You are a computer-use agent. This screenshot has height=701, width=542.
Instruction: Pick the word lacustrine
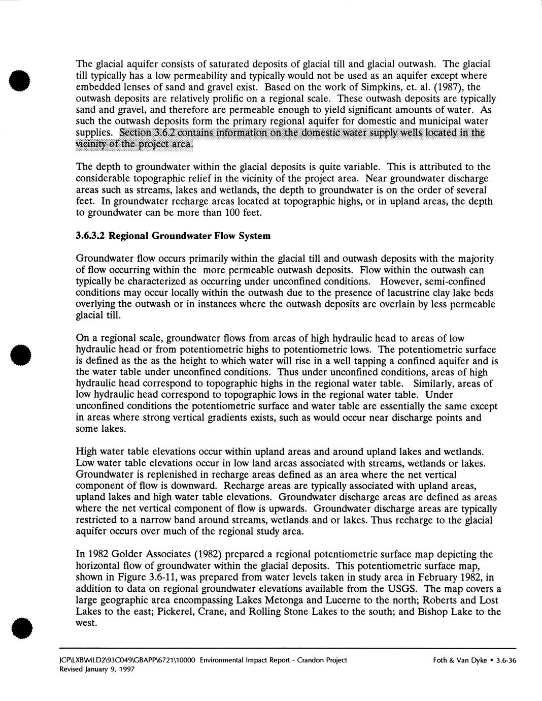[399, 293]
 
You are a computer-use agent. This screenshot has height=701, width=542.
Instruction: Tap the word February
[433, 577]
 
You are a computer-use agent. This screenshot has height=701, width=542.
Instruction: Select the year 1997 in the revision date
[125, 670]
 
